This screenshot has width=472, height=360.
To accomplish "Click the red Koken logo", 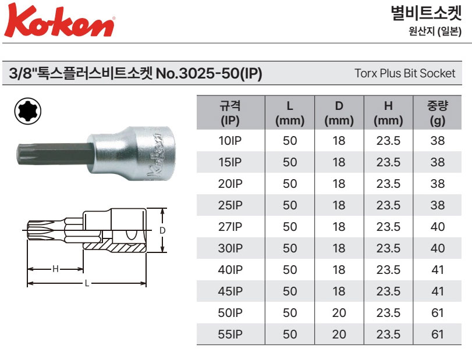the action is pos(59,20).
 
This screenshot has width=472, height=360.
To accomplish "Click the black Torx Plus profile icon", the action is pos(28,111).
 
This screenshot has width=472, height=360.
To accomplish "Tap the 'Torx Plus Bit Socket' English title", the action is pos(404,73).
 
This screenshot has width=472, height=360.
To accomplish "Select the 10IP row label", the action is pos(230,140).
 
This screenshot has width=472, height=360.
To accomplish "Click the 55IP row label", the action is pos(230,334).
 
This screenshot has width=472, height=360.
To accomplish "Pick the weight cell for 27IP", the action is pos(438,226).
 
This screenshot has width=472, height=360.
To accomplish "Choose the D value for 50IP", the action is pos(339,313).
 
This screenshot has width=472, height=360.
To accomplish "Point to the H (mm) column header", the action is pos(388,113).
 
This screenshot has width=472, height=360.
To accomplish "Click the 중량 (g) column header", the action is pos(438,113).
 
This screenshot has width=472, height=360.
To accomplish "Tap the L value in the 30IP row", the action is pos(290,248).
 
